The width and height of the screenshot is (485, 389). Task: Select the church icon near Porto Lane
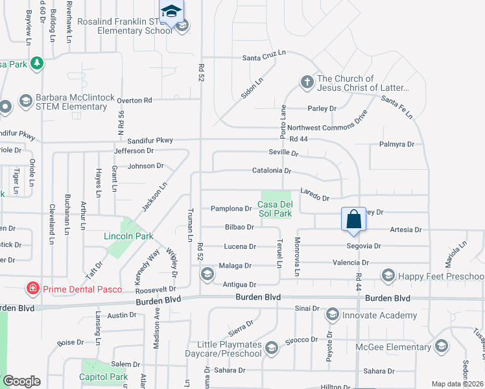click(307, 82)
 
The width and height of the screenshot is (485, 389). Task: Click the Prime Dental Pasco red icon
click(30, 287)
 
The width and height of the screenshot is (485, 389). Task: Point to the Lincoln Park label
click(128, 236)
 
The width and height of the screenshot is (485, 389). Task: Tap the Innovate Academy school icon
click(332, 314)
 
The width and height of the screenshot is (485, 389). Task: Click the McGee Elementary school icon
click(442, 346)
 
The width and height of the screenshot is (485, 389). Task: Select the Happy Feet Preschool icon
click(388, 276)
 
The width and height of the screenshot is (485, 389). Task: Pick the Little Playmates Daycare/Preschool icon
click(271, 348)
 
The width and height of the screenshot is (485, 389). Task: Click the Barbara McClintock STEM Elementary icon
click(25, 100)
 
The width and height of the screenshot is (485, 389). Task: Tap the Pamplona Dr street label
click(231, 209)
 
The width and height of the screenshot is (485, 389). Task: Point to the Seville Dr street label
click(283, 153)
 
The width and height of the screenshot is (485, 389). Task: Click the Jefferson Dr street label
click(134, 150)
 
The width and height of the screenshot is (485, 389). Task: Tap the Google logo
click(21, 381)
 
